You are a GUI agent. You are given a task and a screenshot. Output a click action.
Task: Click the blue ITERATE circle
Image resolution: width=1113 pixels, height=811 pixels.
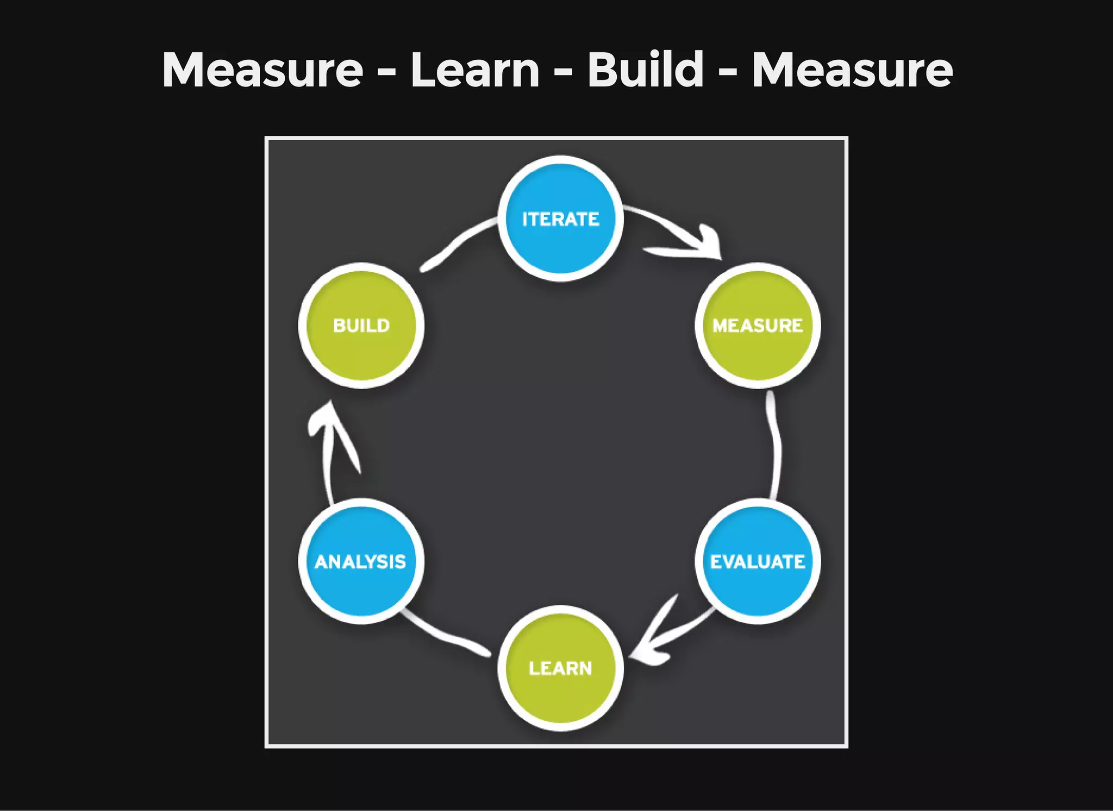click(560, 219)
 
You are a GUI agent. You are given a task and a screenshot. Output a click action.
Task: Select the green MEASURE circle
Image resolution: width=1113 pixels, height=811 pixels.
click(758, 325)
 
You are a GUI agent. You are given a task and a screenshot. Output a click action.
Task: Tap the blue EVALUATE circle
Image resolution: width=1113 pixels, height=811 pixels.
click(758, 561)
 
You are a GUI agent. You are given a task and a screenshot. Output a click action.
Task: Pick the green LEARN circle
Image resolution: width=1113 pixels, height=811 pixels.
click(560, 667)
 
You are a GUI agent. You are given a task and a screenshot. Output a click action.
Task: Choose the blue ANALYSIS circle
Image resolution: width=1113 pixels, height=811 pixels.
click(361, 561)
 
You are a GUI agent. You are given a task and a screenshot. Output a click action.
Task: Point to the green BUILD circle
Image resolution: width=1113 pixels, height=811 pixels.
click(361, 325)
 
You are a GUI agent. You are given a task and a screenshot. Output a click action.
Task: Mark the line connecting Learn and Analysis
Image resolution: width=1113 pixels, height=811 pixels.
click(446, 636)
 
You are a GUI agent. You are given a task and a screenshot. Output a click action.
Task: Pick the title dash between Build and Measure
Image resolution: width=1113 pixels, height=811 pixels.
click(728, 73)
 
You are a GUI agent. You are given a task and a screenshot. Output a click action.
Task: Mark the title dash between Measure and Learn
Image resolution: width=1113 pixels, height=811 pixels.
click(386, 73)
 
